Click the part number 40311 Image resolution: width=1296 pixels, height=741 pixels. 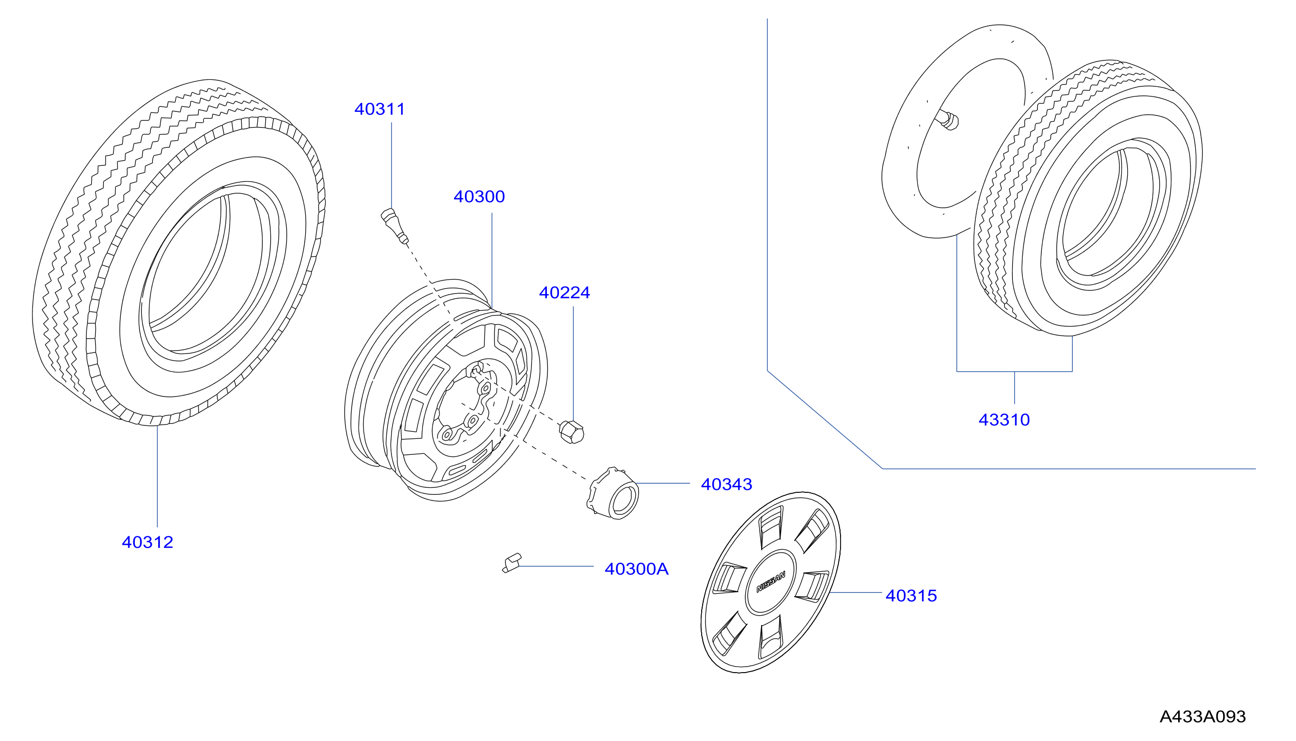click(379, 109)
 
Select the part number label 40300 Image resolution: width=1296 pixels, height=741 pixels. click(479, 196)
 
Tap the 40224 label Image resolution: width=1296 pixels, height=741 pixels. click(564, 293)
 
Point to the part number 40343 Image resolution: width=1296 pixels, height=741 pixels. click(726, 484)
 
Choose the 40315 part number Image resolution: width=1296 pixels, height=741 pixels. click(911, 595)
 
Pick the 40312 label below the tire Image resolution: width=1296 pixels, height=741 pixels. click(148, 542)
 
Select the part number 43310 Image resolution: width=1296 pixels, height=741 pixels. click(1004, 420)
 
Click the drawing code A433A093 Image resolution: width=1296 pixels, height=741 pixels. click(1203, 717)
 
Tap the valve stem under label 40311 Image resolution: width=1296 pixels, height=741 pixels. click(395, 226)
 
